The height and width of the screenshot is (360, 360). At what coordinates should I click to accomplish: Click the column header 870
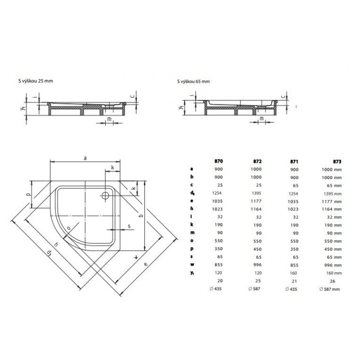click(x=219, y=161)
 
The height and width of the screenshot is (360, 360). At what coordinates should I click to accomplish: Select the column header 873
click(x=337, y=162)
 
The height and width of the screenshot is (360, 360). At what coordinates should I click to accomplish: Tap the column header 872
click(x=257, y=162)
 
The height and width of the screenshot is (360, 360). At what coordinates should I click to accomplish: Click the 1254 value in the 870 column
click(x=217, y=193)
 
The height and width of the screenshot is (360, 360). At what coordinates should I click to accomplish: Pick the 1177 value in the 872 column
click(x=256, y=201)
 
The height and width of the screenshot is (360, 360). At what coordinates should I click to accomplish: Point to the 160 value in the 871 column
click(x=293, y=273)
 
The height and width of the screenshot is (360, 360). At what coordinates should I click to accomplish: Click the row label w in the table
click(x=192, y=265)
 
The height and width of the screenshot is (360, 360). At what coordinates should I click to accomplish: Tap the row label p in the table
click(x=192, y=249)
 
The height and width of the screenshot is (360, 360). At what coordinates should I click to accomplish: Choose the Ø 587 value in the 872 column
click(x=254, y=288)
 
